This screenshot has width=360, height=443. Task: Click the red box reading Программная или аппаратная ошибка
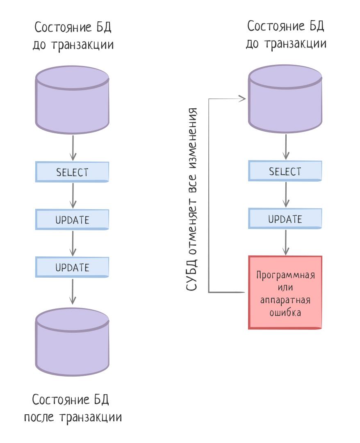(285, 292)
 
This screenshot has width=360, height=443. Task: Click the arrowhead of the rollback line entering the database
(242, 98)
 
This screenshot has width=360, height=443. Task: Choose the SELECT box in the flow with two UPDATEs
(72, 172)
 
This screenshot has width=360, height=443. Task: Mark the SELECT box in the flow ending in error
(285, 171)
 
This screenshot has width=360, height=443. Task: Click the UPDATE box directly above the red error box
(285, 219)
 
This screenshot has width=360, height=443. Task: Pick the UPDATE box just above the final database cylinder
(72, 267)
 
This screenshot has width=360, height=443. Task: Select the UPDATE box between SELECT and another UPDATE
(72, 219)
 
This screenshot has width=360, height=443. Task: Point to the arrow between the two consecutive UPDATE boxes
(73, 243)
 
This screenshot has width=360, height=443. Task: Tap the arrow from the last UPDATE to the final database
(73, 292)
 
